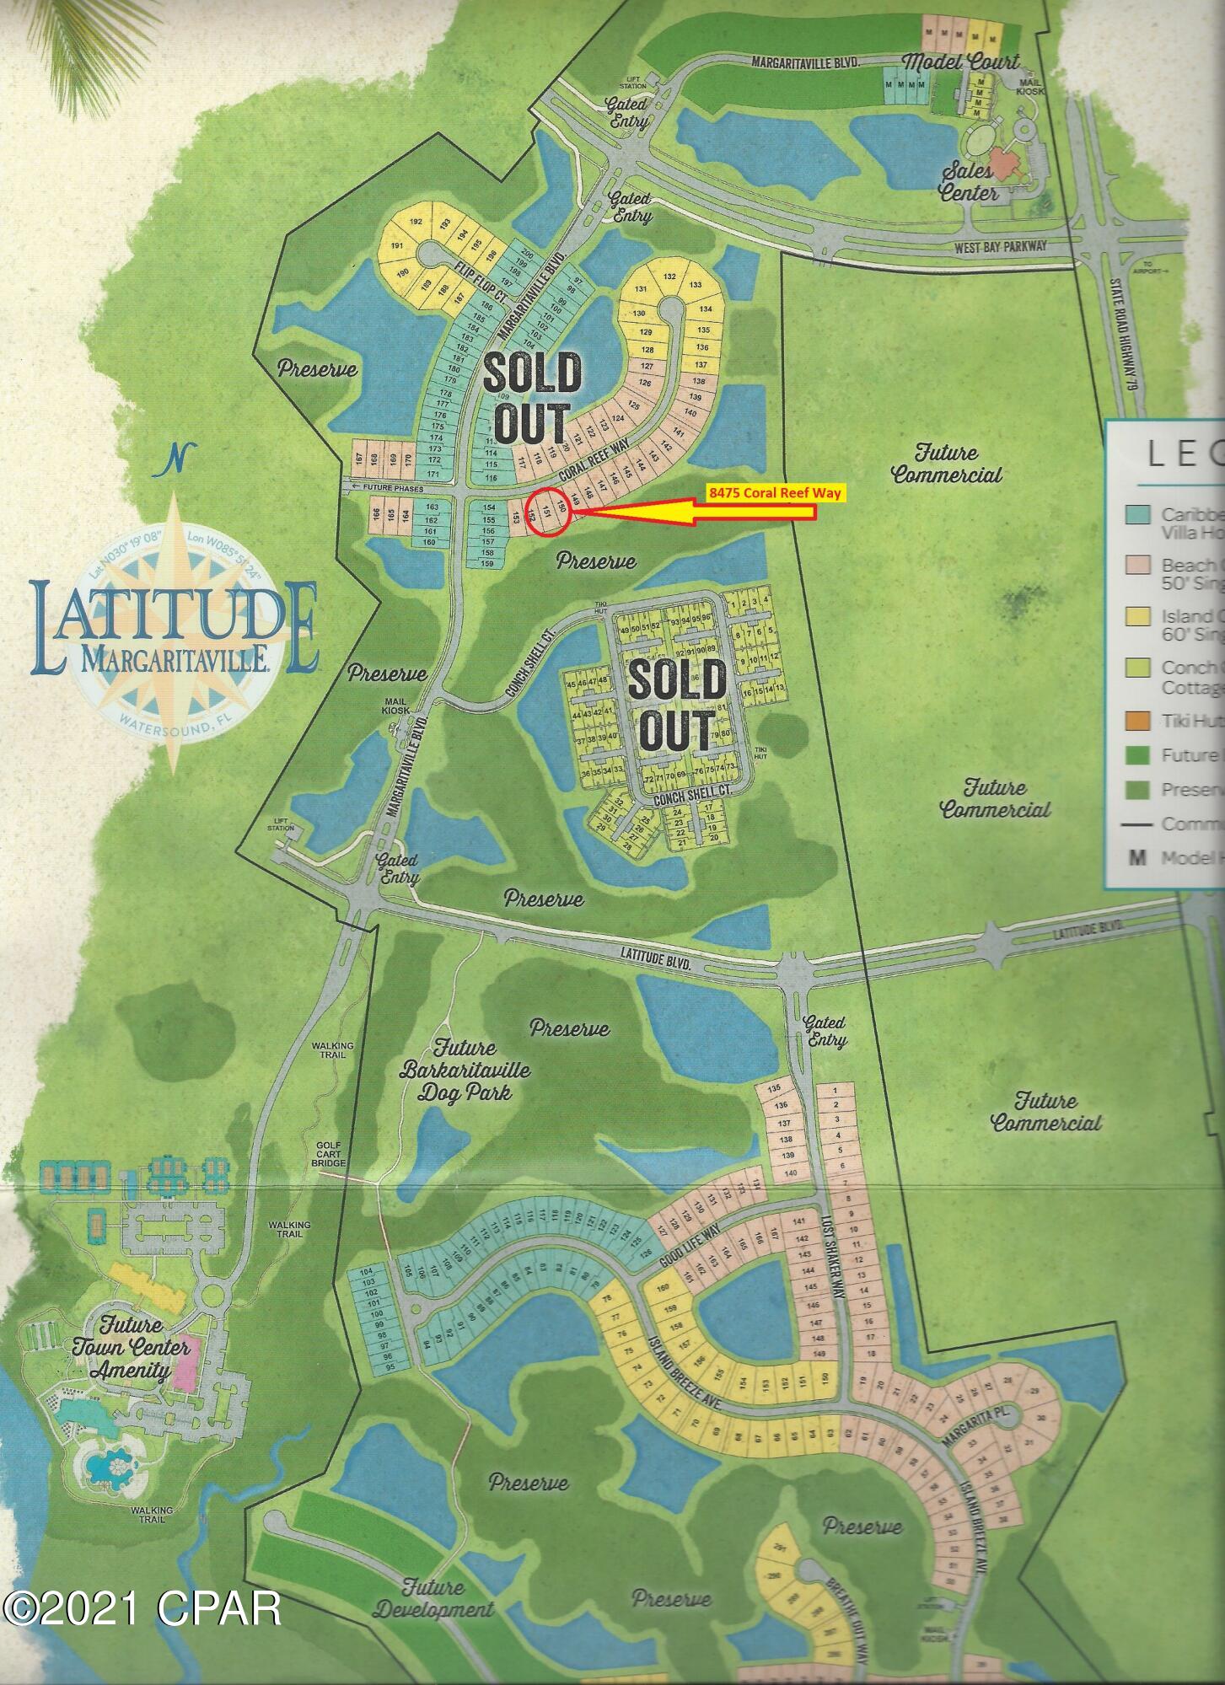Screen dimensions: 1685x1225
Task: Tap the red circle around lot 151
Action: click(548, 512)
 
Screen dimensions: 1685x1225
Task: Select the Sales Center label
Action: click(969, 182)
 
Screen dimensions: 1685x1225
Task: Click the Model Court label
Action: click(960, 62)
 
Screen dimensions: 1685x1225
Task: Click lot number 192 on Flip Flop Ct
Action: click(415, 222)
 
